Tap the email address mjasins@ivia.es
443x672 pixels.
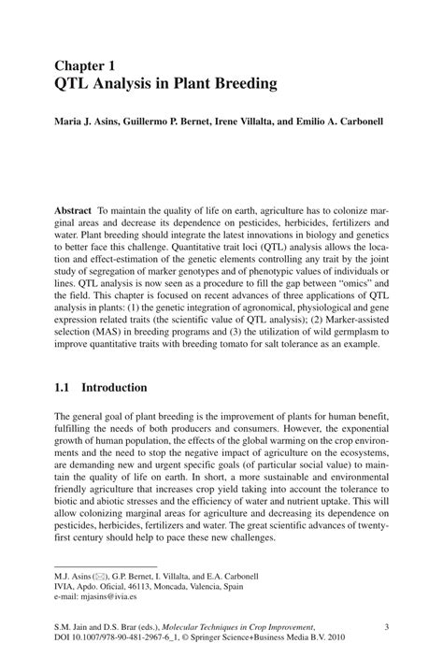point(116,593)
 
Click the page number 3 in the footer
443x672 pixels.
point(386,626)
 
